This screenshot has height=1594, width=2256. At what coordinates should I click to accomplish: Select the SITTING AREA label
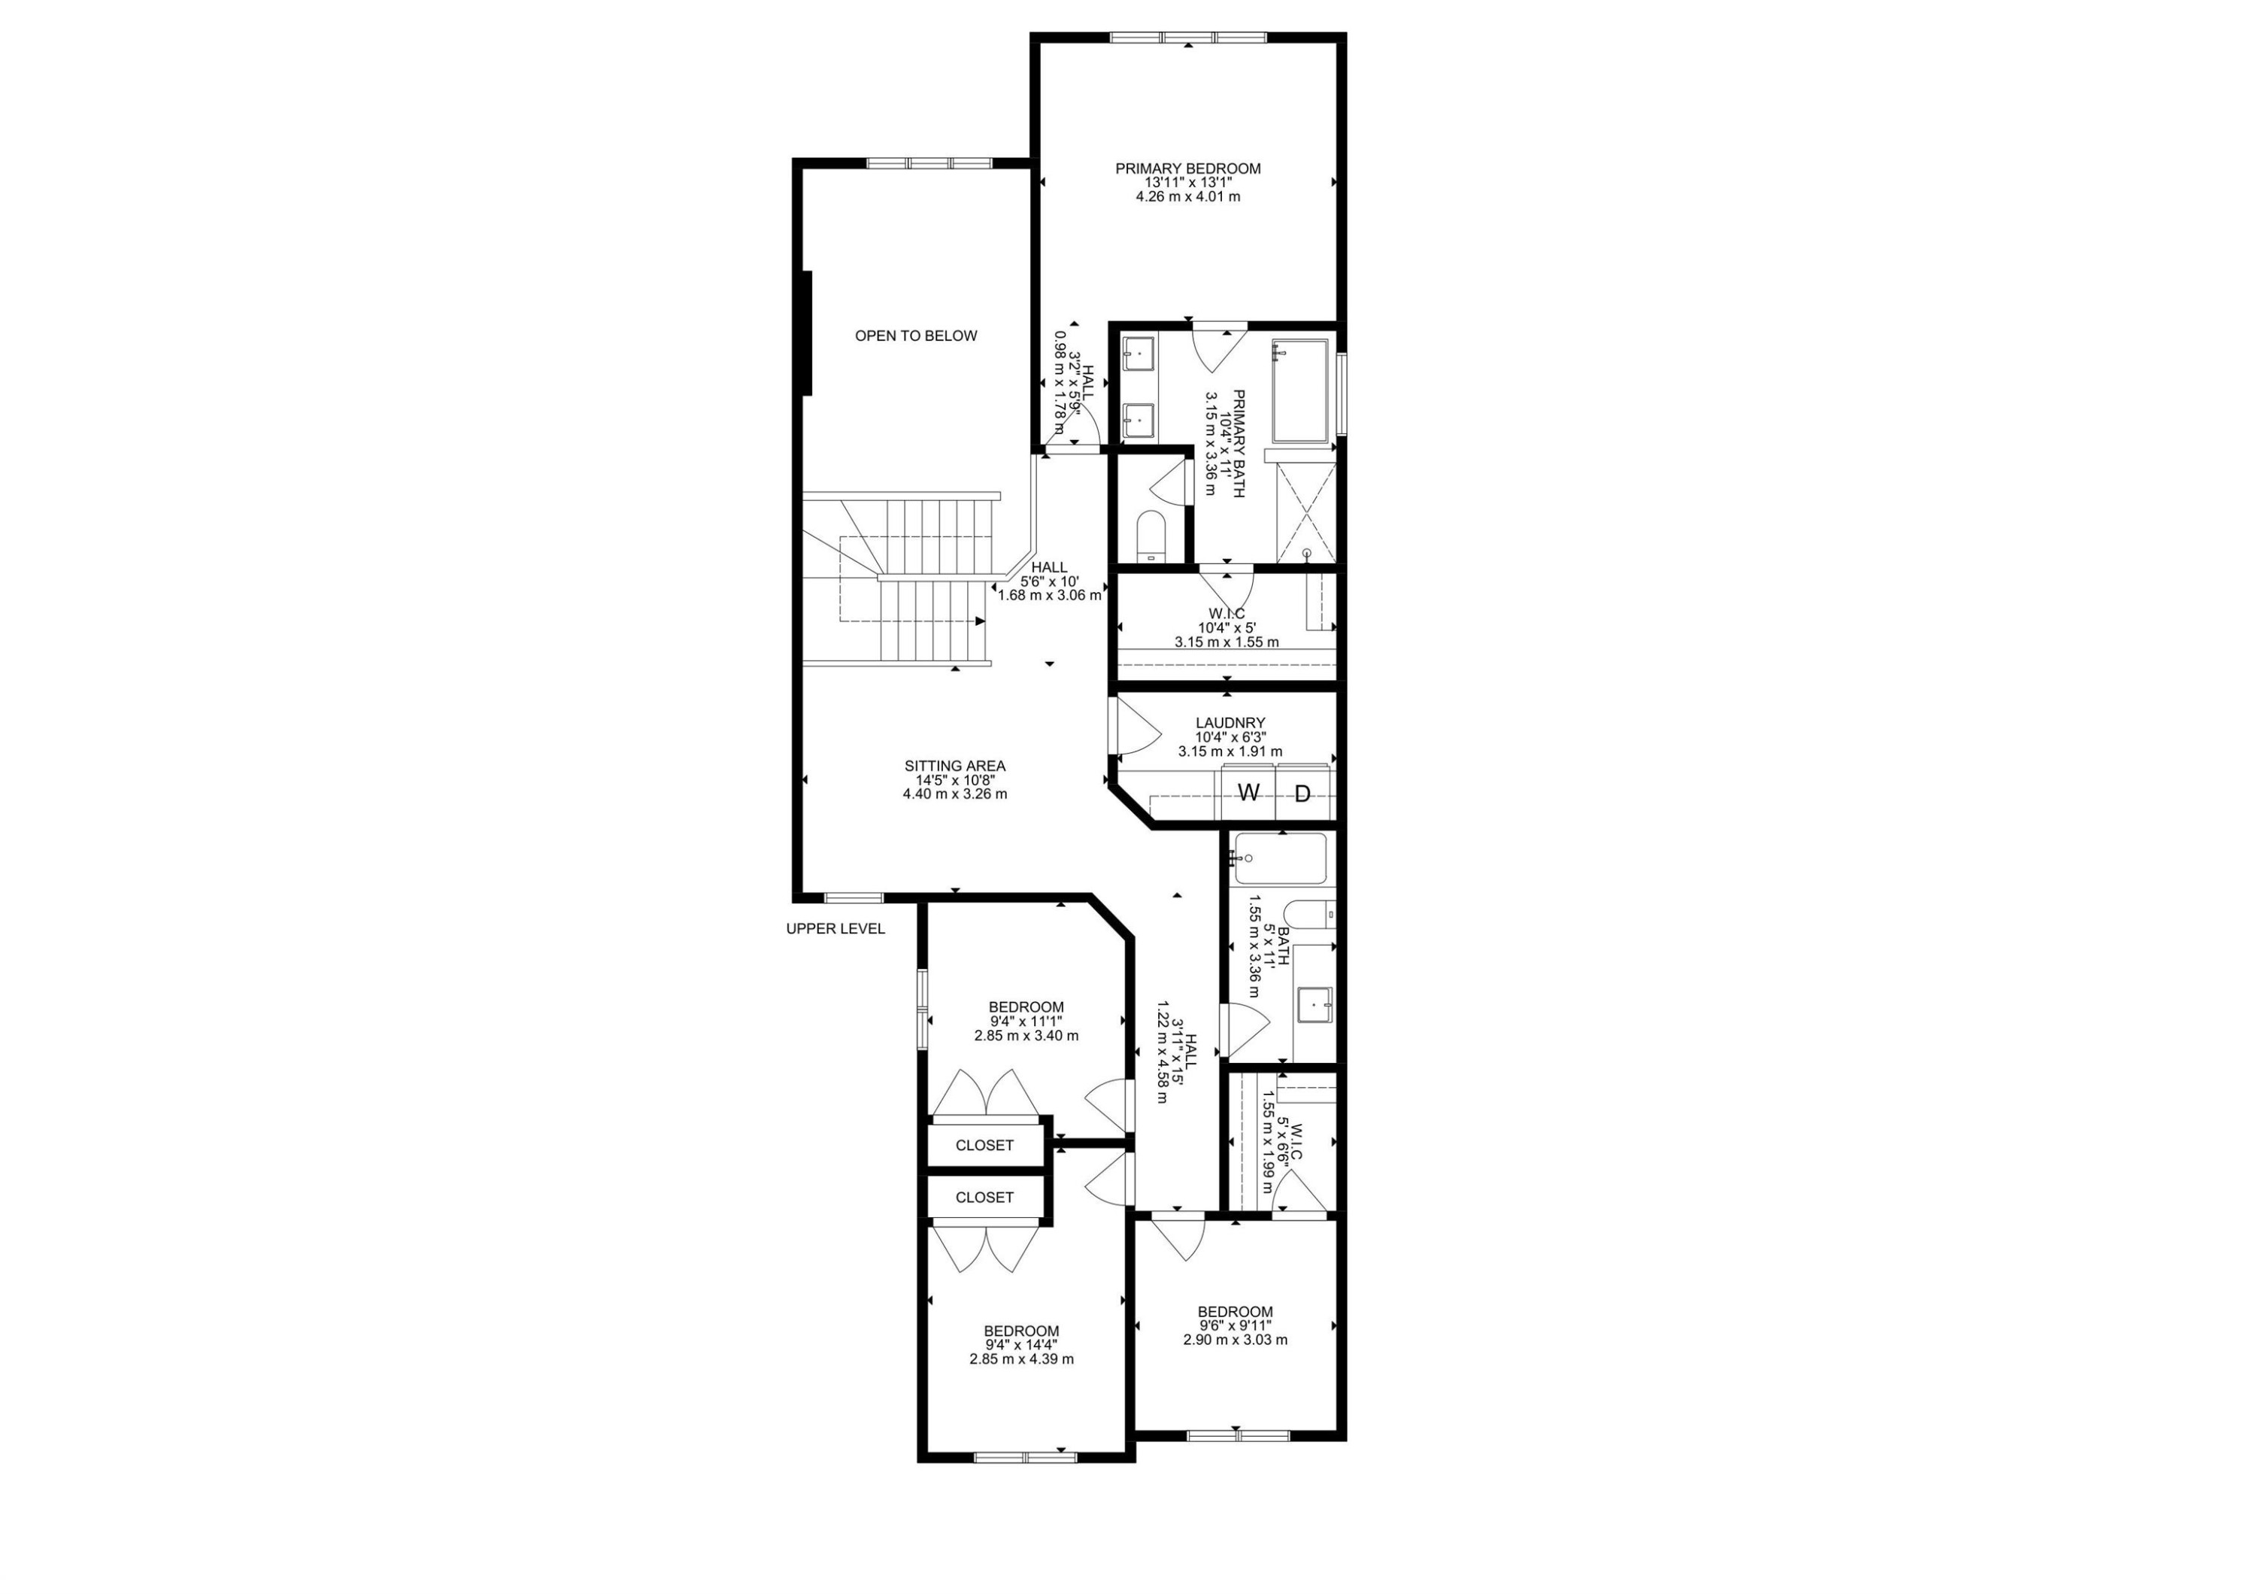pyautogui.click(x=955, y=767)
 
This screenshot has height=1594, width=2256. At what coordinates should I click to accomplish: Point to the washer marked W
pyautogui.click(x=1248, y=793)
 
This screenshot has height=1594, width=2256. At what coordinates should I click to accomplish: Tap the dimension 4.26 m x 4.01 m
pyautogui.click(x=1188, y=196)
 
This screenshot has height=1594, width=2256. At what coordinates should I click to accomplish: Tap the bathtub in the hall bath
pyautogui.click(x=1279, y=858)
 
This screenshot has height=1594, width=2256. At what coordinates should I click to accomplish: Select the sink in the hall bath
pyautogui.click(x=1314, y=1004)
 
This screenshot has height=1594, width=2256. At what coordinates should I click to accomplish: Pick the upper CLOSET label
pyautogui.click(x=984, y=1146)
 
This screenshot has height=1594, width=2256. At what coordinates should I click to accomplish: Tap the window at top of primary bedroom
pyautogui.click(x=1188, y=38)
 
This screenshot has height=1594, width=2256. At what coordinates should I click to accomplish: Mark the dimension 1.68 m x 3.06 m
pyautogui.click(x=1049, y=594)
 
